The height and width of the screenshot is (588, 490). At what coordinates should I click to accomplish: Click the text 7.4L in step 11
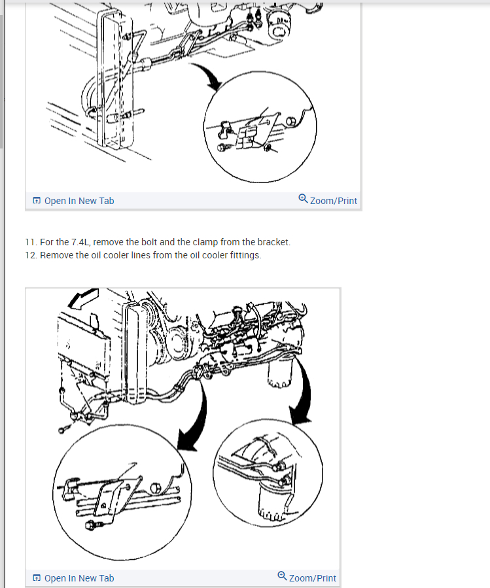(80, 242)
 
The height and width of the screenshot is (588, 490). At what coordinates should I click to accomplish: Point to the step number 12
(30, 255)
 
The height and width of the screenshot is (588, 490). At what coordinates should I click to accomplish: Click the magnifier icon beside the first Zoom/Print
(303, 198)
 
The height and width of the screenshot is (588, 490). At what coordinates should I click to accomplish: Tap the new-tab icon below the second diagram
(37, 578)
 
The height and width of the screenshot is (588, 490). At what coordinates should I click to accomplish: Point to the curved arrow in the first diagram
(205, 76)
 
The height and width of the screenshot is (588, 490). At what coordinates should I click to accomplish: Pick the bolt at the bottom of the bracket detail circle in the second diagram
(91, 525)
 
